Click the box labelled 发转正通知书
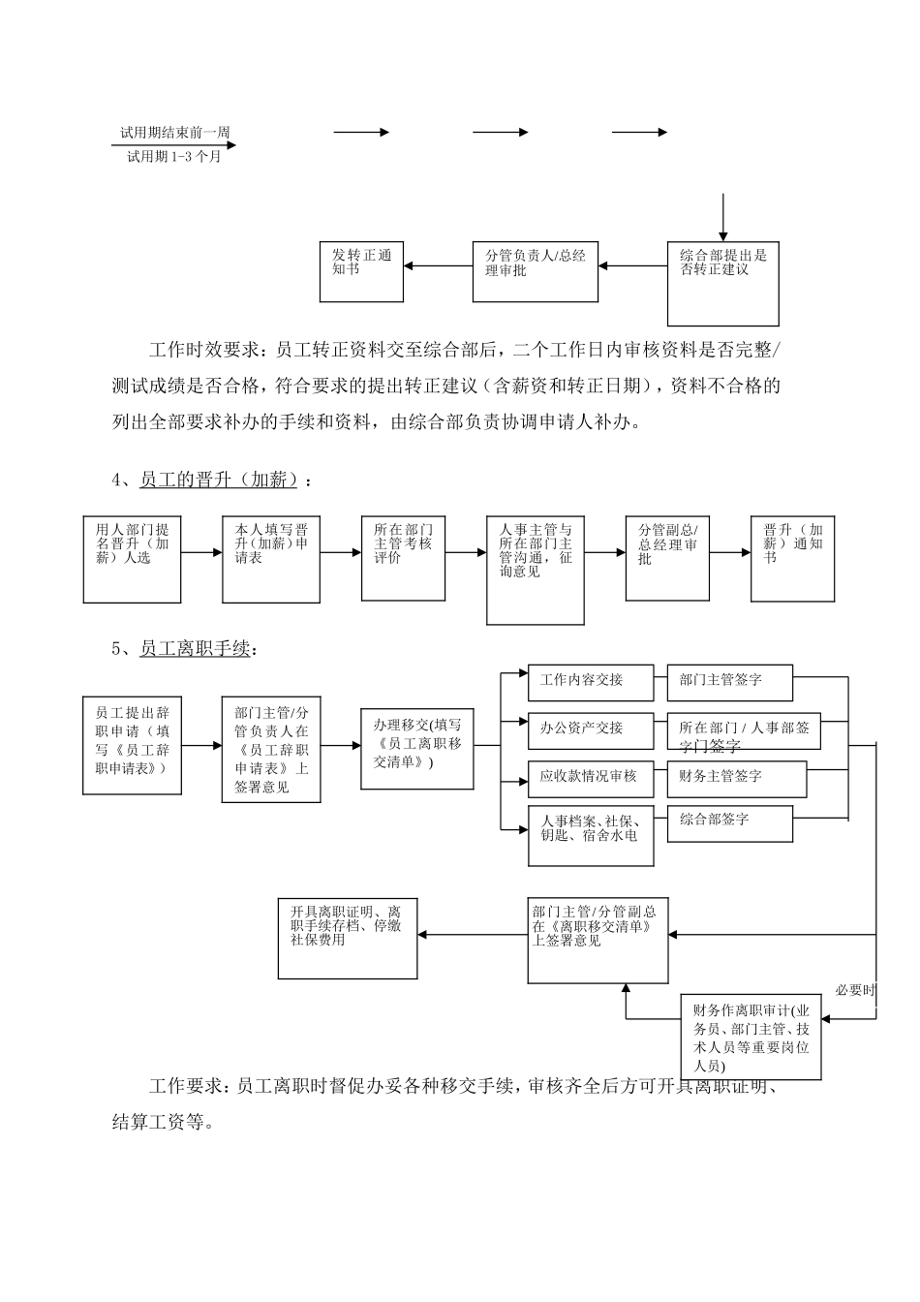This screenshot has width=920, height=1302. point(361,271)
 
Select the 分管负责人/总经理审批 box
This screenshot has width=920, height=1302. point(535,270)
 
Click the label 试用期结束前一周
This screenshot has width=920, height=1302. point(174,133)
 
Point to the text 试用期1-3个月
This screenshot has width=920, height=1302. point(174,156)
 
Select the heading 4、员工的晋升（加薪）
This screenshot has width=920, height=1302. point(212,480)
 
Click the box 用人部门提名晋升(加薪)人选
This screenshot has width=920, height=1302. point(132,558)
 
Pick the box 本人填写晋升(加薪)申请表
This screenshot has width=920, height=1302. point(271,558)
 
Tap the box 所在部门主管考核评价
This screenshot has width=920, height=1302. point(403,558)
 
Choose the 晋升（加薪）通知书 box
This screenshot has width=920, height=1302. point(792,558)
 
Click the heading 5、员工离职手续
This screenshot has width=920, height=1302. point(185,648)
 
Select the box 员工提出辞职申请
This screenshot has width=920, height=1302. point(132,745)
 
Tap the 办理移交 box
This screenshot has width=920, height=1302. point(416,748)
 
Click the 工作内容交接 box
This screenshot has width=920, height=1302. point(591,682)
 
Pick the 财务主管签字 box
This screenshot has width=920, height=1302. point(736,778)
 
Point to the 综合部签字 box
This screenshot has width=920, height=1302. point(729,824)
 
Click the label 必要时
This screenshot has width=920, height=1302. point(855,990)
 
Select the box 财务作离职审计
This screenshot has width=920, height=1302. point(751,1037)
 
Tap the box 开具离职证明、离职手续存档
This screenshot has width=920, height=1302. point(347,938)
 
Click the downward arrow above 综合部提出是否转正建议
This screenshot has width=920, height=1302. point(723,216)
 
